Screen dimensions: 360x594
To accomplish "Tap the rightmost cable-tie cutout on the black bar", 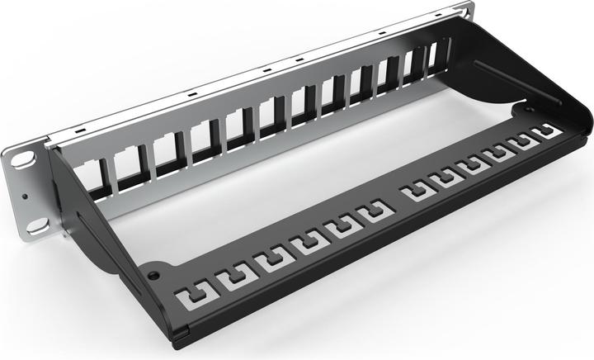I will [x=544, y=131].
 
